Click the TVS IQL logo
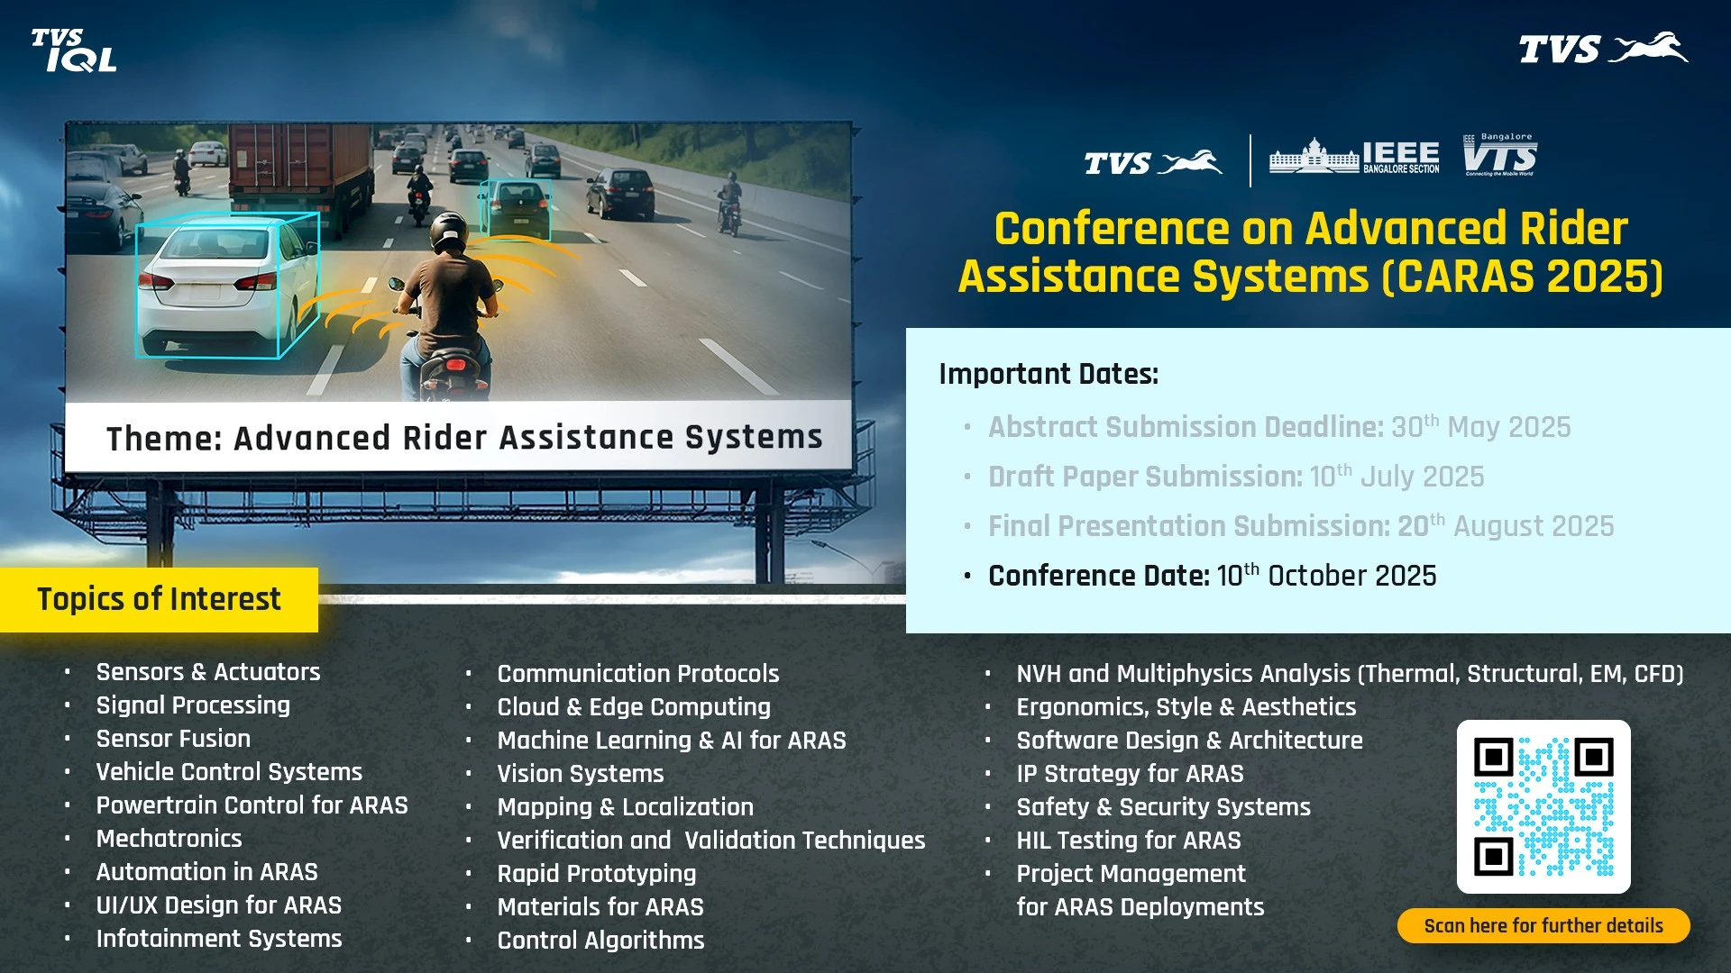tap(74, 50)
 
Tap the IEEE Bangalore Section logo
tap(1354, 157)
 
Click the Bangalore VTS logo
tap(1499, 155)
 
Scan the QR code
tap(1543, 806)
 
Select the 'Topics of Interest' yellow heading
tap(159, 599)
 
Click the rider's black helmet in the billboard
tap(448, 232)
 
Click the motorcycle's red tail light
tap(454, 368)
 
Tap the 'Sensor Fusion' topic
tap(173, 739)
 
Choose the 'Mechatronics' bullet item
tap(169, 839)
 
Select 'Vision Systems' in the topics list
tap(580, 774)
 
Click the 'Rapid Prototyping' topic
tap(596, 874)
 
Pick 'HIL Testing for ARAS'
tap(1128, 841)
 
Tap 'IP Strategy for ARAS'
tap(1130, 774)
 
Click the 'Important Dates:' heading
tap(1049, 374)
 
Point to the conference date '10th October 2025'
tap(1326, 575)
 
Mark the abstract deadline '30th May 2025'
tap(1480, 426)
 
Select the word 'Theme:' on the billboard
tap(164, 439)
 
